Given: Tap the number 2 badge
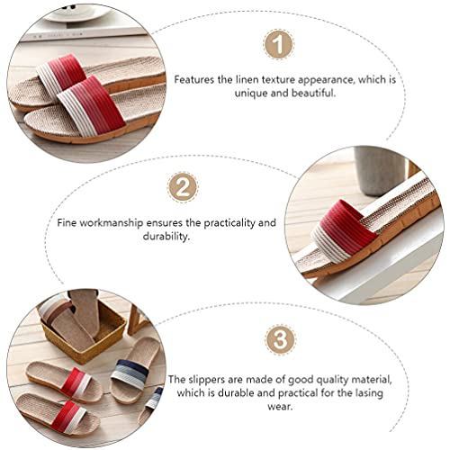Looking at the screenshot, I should [x=183, y=186].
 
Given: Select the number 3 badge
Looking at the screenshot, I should [x=281, y=339].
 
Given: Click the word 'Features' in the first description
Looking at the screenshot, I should [x=195, y=79].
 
